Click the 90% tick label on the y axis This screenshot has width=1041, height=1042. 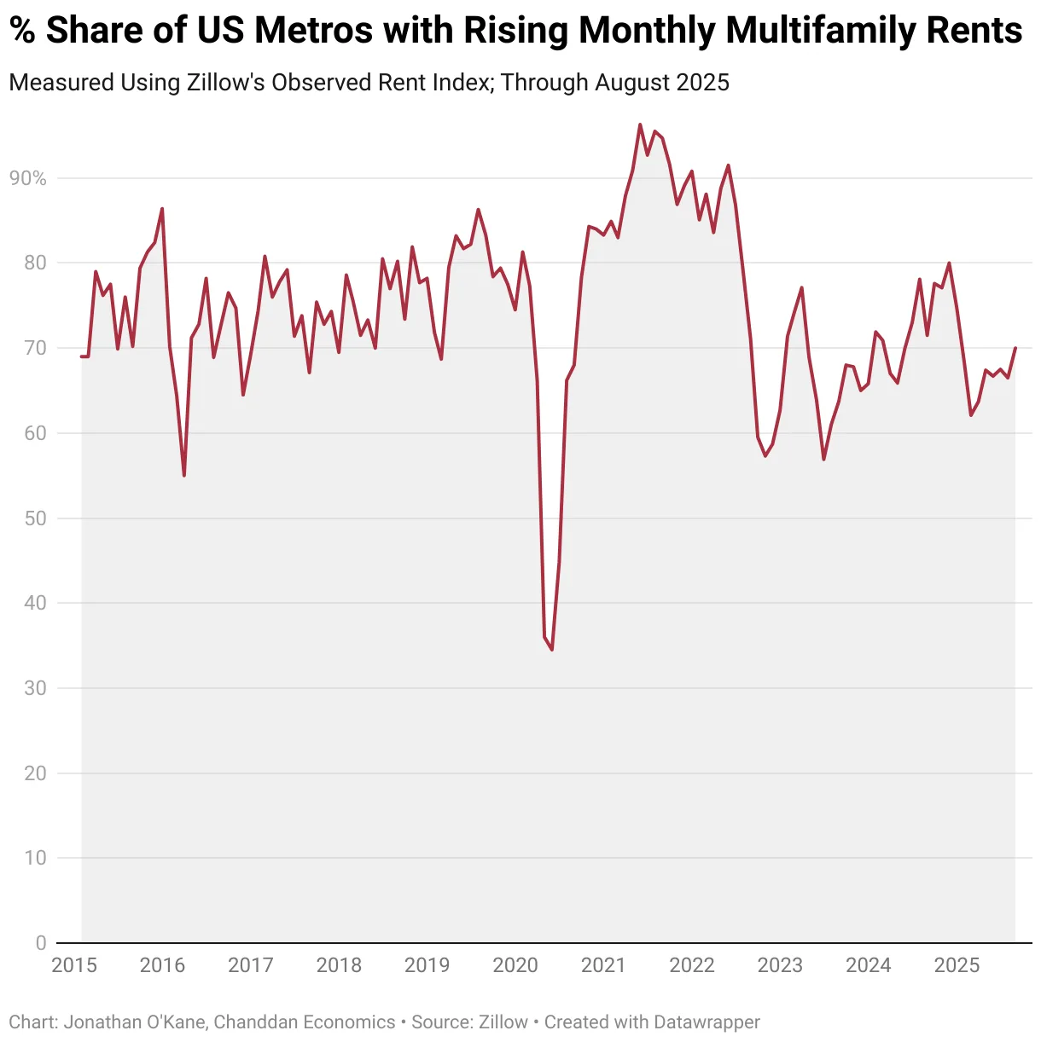(x=27, y=178)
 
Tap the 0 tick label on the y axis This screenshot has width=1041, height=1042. (x=41, y=943)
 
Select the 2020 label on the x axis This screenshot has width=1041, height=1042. (x=515, y=965)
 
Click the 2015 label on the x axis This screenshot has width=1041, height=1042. (x=74, y=965)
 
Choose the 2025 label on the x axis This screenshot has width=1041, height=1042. (x=957, y=965)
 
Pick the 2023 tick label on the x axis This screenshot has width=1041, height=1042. (x=780, y=965)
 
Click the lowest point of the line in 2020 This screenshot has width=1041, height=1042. (x=552, y=650)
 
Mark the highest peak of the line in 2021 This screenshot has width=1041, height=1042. (x=640, y=124)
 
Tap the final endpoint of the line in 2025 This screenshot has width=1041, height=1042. (x=1015, y=348)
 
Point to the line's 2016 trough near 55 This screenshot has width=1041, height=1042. (x=184, y=475)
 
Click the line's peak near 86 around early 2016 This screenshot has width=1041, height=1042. (x=162, y=209)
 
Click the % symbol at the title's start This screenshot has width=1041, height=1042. (x=22, y=31)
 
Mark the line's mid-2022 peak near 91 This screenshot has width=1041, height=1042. (x=728, y=165)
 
